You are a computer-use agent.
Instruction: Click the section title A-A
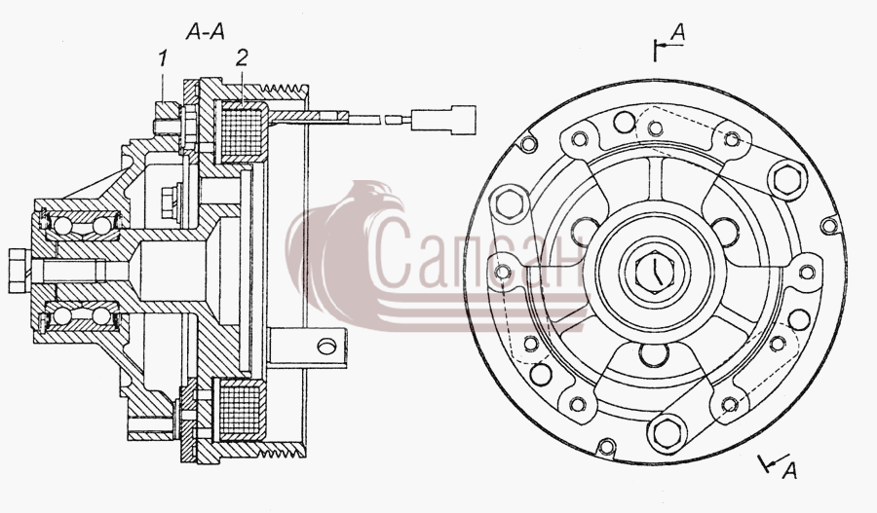click(206, 32)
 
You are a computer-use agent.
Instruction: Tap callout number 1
click(162, 57)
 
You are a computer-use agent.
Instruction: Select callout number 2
click(241, 57)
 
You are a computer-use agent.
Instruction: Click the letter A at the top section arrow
click(677, 32)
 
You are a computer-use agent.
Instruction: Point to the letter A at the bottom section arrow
click(788, 471)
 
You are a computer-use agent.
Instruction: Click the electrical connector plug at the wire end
click(443, 119)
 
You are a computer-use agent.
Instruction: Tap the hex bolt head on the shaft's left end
click(19, 272)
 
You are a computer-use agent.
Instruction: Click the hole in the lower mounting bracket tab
click(326, 346)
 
